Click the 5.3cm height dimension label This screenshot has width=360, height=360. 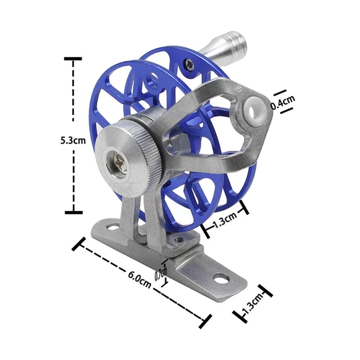pos(73,140)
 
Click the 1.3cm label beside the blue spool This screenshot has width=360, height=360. pos(225,220)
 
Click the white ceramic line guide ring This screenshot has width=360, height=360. pos(253,111)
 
